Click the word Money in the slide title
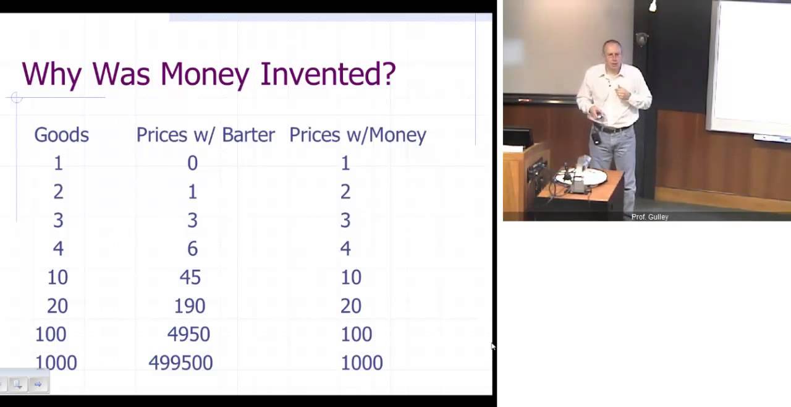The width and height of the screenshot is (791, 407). pos(205,74)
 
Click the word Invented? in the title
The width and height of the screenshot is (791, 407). pos(328,74)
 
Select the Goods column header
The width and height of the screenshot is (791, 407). pos(61,135)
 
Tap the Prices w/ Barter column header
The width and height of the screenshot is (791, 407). pos(205,135)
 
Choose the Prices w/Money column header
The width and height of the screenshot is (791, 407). pos(357,135)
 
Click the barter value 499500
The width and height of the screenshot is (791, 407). pos(180,363)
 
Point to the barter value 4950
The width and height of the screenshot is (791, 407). pos(188,335)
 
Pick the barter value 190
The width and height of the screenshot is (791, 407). pos(189,306)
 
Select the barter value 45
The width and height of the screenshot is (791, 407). pos(190,278)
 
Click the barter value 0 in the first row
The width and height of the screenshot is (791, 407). pos(192,163)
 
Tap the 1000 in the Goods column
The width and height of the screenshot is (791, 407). pos(56,363)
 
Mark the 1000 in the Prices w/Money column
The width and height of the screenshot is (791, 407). pos(362,363)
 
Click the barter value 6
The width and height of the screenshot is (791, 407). pos(192,249)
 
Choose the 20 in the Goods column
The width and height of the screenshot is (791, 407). pos(57,306)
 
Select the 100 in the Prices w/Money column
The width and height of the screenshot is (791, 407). pos(356,335)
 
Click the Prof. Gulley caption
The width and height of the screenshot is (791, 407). pos(649,217)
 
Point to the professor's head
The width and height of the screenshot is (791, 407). pos(612,54)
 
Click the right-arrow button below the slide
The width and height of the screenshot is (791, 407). pos(38,385)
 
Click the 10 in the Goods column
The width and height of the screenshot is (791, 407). pos(57,278)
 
